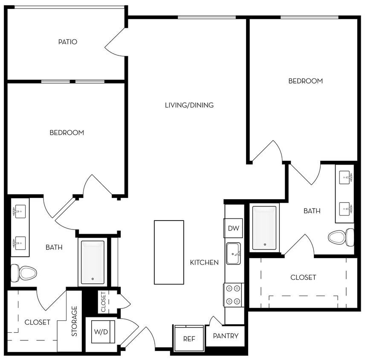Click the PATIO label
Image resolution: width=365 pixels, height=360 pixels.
point(68,42)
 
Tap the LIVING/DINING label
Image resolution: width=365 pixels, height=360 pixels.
point(189,105)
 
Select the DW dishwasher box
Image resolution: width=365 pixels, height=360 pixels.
point(233,228)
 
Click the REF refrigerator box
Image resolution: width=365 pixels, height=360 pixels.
point(189,339)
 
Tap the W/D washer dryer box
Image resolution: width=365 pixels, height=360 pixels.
point(101,331)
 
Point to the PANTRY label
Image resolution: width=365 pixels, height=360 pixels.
point(226,336)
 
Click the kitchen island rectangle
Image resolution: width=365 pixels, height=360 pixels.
point(169,252)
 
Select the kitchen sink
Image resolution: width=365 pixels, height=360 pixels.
point(233,253)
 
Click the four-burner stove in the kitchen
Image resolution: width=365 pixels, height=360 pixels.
point(232,295)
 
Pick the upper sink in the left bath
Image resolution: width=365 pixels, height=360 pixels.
point(19,211)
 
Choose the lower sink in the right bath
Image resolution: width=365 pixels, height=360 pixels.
point(345,209)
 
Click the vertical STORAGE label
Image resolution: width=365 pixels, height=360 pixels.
point(75,321)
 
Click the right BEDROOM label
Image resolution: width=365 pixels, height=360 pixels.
point(305,81)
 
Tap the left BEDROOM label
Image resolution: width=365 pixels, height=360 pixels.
point(67,133)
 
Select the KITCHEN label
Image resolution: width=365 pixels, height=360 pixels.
point(204,262)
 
